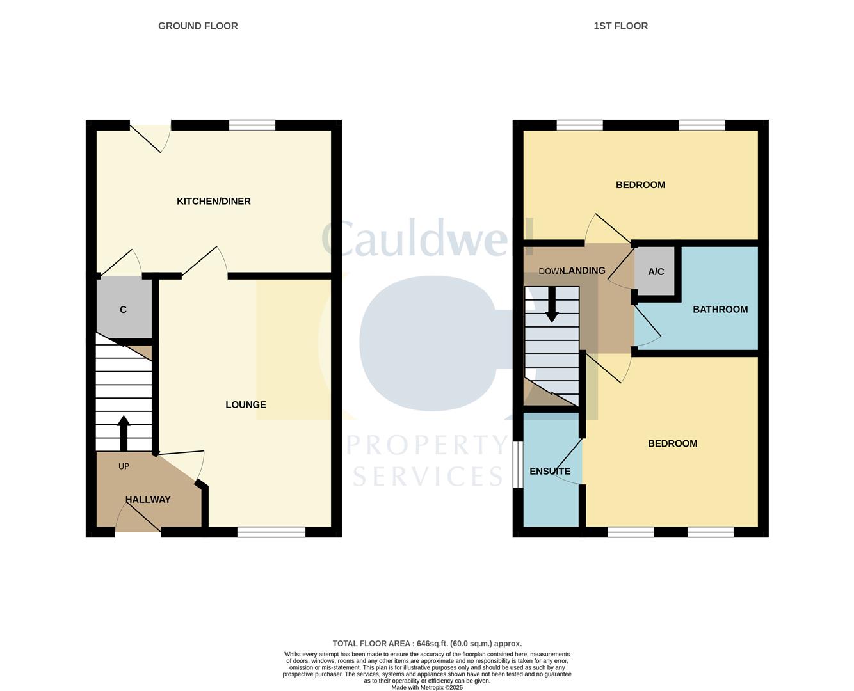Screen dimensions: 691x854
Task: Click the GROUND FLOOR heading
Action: [198, 26]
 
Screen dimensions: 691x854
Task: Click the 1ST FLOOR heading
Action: [620, 26]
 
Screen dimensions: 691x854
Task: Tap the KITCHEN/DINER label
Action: [213, 202]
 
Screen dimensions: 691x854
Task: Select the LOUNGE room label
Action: [246, 405]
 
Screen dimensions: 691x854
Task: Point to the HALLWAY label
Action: [148, 500]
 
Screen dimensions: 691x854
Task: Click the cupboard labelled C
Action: [124, 310]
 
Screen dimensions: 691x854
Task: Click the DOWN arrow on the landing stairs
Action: [552, 305]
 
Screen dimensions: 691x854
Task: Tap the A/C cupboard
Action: [656, 272]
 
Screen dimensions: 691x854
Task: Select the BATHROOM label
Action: [720, 310]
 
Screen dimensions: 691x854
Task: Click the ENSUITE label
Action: [550, 472]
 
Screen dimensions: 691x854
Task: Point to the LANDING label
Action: [584, 271]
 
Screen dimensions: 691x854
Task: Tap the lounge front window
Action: [271, 532]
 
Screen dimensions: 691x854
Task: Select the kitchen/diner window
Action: [252, 125]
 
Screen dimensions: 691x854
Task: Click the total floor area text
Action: [427, 644]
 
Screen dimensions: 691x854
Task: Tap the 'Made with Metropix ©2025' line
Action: [427, 688]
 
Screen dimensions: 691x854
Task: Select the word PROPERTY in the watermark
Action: [427, 445]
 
